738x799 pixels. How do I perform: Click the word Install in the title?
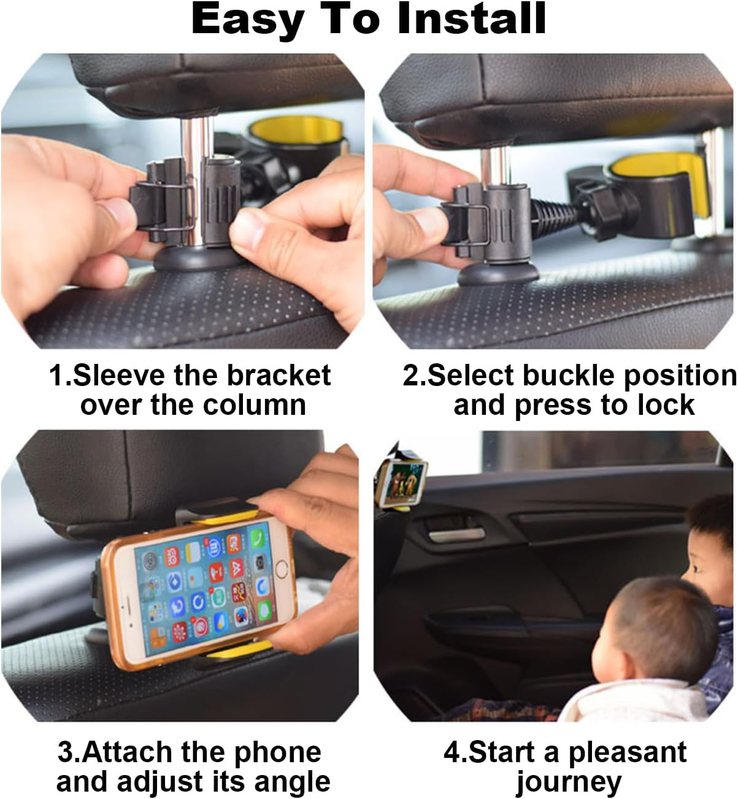pos(471,20)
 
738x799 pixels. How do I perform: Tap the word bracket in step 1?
pos(279,376)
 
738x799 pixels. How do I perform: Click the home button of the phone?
pos(282,568)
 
